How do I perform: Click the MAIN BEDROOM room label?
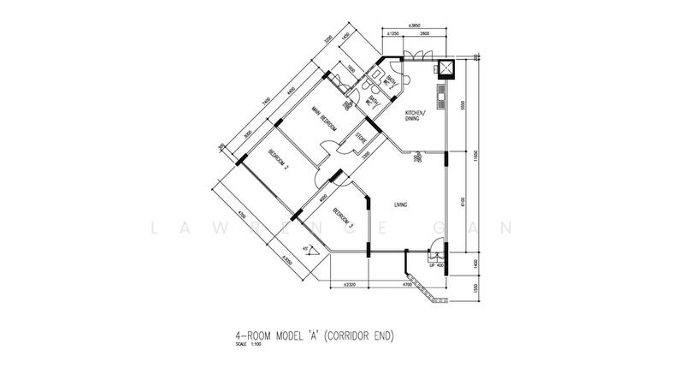321,119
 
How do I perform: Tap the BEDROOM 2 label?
278,160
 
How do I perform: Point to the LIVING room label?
399,205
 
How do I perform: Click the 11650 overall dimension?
476,158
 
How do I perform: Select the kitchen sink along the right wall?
439,99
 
